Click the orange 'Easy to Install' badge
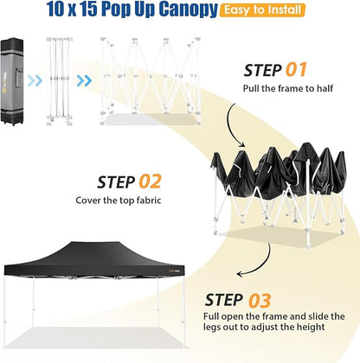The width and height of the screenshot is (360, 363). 262,10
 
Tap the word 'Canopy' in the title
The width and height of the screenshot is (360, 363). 189,10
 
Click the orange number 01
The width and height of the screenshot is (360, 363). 296,70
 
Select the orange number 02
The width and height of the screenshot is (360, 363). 150,181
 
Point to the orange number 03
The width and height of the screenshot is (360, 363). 260,300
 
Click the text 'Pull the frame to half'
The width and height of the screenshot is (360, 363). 288,88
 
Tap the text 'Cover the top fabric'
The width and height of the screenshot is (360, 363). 119,200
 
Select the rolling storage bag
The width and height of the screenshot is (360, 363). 12,81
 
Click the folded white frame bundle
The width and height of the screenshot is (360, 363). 59,81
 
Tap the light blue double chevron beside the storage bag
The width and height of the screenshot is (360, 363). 35,80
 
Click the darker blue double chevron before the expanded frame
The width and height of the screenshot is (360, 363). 84,80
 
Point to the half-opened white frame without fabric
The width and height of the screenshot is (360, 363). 151,80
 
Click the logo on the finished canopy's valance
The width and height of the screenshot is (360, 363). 173,271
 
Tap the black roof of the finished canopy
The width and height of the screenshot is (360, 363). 94,258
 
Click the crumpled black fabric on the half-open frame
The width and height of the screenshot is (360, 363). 279,169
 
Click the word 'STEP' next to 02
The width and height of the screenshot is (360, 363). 116,182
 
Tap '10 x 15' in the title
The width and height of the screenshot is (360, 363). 72,9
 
